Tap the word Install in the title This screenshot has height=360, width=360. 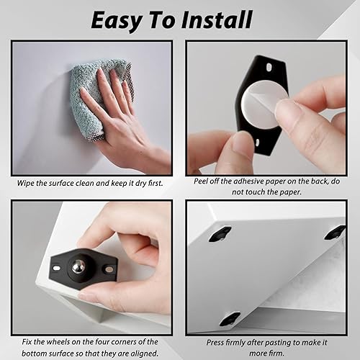coord(217,19)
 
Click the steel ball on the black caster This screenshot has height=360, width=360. coord(78,266)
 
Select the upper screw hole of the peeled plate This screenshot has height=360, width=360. coord(269,67)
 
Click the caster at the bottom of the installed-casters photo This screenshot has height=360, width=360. coord(230,318)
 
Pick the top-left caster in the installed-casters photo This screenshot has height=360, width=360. coord(220,234)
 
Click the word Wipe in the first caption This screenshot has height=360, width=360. coord(25,184)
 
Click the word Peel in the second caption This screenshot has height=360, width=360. coord(201,181)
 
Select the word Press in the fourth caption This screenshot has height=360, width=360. coord(215,343)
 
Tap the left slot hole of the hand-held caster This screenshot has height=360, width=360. coord(57,268)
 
